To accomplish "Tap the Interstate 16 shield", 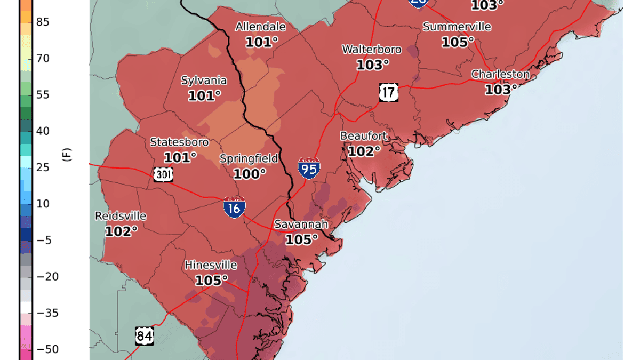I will click(x=234, y=206).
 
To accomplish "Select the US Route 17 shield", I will click(x=389, y=92).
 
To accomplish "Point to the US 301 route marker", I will click(x=163, y=173).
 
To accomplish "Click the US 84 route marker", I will click(x=143, y=335).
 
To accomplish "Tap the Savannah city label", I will click(x=301, y=225).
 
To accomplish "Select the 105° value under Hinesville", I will click(x=211, y=280).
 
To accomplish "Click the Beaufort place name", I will click(x=364, y=136).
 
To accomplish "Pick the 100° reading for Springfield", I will click(x=249, y=174).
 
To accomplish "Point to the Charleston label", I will click(x=500, y=74).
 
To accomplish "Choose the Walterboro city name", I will click(x=372, y=50).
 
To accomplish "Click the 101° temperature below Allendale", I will click(x=261, y=42).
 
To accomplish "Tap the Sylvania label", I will click(x=204, y=81).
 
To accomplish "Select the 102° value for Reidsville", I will click(x=121, y=231).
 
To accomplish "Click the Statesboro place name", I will click(x=179, y=142).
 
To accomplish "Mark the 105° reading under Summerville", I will click(x=457, y=42).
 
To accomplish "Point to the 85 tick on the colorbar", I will click(x=43, y=22).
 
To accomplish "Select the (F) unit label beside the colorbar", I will click(x=67, y=155).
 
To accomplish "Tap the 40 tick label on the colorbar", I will click(x=43, y=131).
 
